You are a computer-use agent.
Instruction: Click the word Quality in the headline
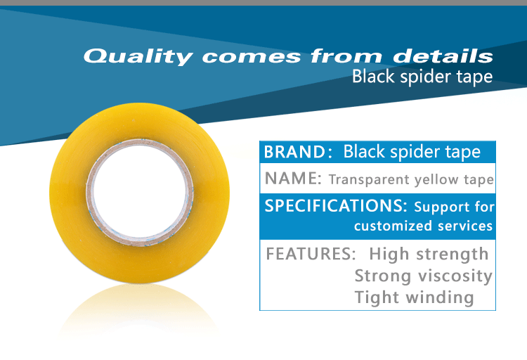[x=138, y=56]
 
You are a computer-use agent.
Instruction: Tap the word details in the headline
[x=443, y=56]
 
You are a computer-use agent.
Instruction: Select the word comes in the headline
[x=252, y=57]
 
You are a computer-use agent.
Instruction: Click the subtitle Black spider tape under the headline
[x=422, y=77]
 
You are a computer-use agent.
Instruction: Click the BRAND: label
[x=298, y=152]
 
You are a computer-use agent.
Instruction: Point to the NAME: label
[x=293, y=179]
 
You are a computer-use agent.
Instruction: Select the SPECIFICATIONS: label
[x=336, y=205]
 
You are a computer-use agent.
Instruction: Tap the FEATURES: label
[x=311, y=254]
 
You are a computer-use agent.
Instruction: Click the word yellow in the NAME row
[x=436, y=180]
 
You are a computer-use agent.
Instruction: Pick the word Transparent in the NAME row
[x=369, y=180]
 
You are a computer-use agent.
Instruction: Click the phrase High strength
[x=429, y=255]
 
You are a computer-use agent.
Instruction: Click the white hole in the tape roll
[x=140, y=192]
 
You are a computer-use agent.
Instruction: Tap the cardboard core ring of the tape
[x=140, y=142]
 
